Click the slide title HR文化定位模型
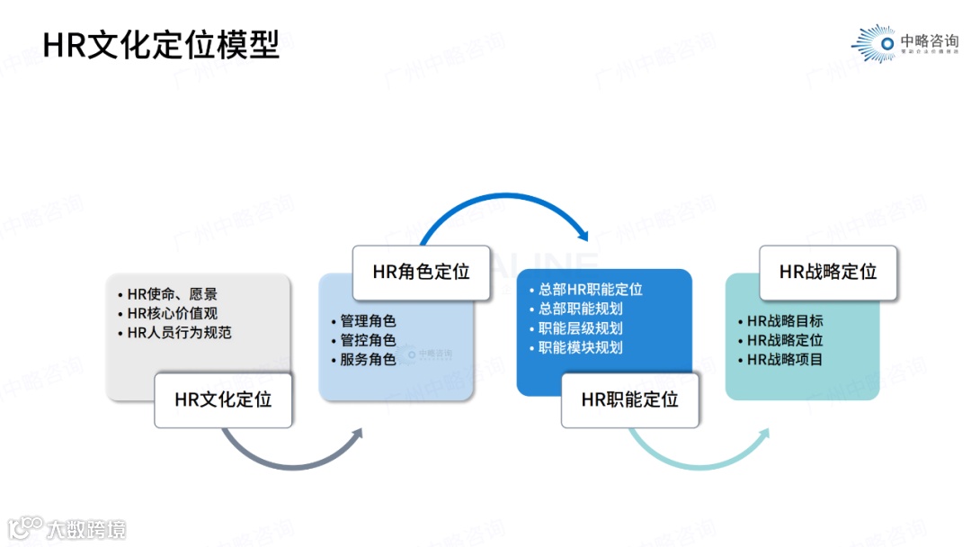pyautogui.click(x=162, y=43)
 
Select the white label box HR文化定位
pyautogui.click(x=222, y=399)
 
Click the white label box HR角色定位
pyautogui.click(x=421, y=272)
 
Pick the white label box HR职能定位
pyautogui.click(x=629, y=400)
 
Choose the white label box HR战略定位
pyautogui.click(x=828, y=272)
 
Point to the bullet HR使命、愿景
pyautogui.click(x=172, y=294)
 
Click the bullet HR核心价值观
pyautogui.click(x=172, y=313)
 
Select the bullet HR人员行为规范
pyautogui.click(x=180, y=332)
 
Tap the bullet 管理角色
pyautogui.click(x=368, y=321)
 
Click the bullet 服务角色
pyautogui.click(x=368, y=359)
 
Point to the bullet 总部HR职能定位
pyautogui.click(x=590, y=290)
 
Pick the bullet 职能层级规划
pyautogui.click(x=580, y=328)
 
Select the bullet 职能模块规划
pyautogui.click(x=580, y=347)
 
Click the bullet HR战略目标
pyautogui.click(x=785, y=321)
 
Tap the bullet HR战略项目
pyautogui.click(x=785, y=359)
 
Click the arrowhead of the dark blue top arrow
pyautogui.click(x=583, y=235)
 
